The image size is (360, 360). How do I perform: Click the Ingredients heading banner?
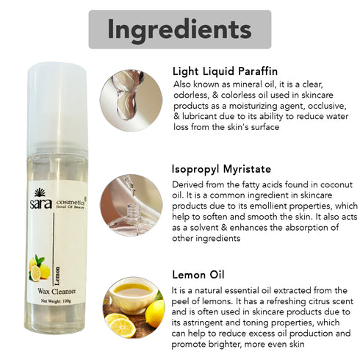[x=180, y=29]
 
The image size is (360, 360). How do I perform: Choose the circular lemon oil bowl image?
[x=133, y=306]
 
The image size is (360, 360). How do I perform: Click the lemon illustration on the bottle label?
[x=38, y=271]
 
